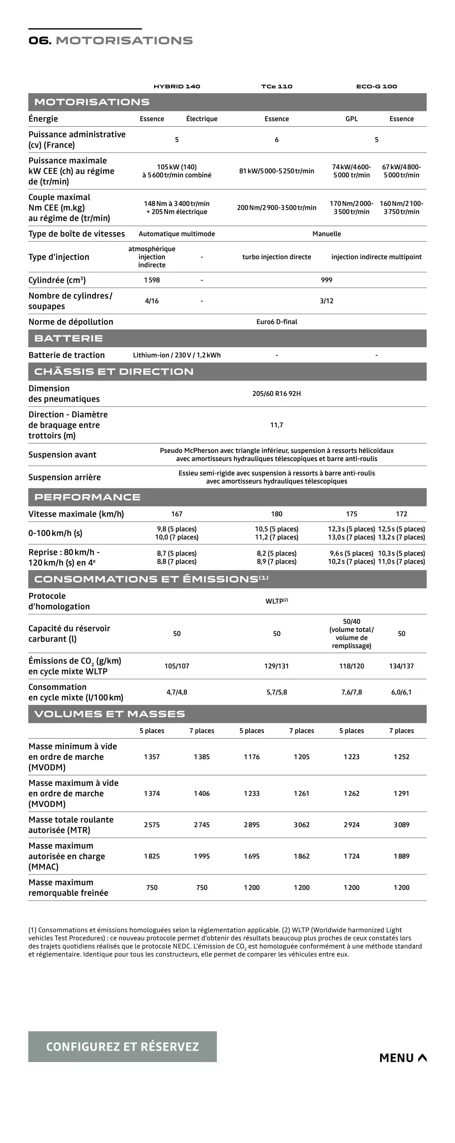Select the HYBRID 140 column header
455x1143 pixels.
tap(177, 86)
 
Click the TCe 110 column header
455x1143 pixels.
tap(276, 86)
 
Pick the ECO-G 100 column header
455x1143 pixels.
tap(377, 86)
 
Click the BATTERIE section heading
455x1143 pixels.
tap(68, 339)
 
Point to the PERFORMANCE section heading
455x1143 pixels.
tap(88, 497)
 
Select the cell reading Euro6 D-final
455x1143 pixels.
tap(276, 322)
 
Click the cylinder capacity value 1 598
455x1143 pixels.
tap(152, 280)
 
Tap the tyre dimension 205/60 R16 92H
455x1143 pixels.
tap(276, 394)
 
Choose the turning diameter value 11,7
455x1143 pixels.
tap(276, 425)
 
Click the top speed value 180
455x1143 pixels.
tap(276, 514)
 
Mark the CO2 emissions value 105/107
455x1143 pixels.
tap(177, 666)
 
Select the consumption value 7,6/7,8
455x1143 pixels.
tap(351, 693)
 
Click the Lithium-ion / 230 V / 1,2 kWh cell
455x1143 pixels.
tap(177, 355)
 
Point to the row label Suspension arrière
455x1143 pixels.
tap(64, 477)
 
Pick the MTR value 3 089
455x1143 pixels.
tap(401, 825)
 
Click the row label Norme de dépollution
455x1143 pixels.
tap(71, 322)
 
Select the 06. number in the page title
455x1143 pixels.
tap(40, 41)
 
